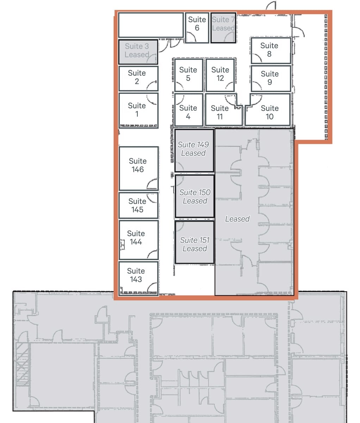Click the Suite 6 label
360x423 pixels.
coord(197,24)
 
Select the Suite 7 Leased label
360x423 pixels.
coord(223,24)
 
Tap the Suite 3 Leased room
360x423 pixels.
coord(138,52)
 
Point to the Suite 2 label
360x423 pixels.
coord(137,77)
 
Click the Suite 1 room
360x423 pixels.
coord(138,111)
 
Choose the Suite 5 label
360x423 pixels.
coord(188,74)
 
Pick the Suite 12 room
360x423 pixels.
coord(220,75)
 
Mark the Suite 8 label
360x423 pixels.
coord(269,50)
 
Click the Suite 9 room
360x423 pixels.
coord(271,78)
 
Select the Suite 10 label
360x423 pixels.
coord(269,112)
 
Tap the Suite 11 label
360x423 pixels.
coord(220,112)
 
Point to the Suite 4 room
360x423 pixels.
coord(189,110)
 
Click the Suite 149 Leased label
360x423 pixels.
coord(193,149)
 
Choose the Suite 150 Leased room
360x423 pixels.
coord(195,196)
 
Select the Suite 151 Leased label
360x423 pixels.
coord(195,244)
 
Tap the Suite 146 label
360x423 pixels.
coord(138,165)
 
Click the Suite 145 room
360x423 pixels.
coord(138,205)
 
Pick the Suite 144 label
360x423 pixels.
coord(136,238)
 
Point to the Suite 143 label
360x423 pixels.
coord(136,275)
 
